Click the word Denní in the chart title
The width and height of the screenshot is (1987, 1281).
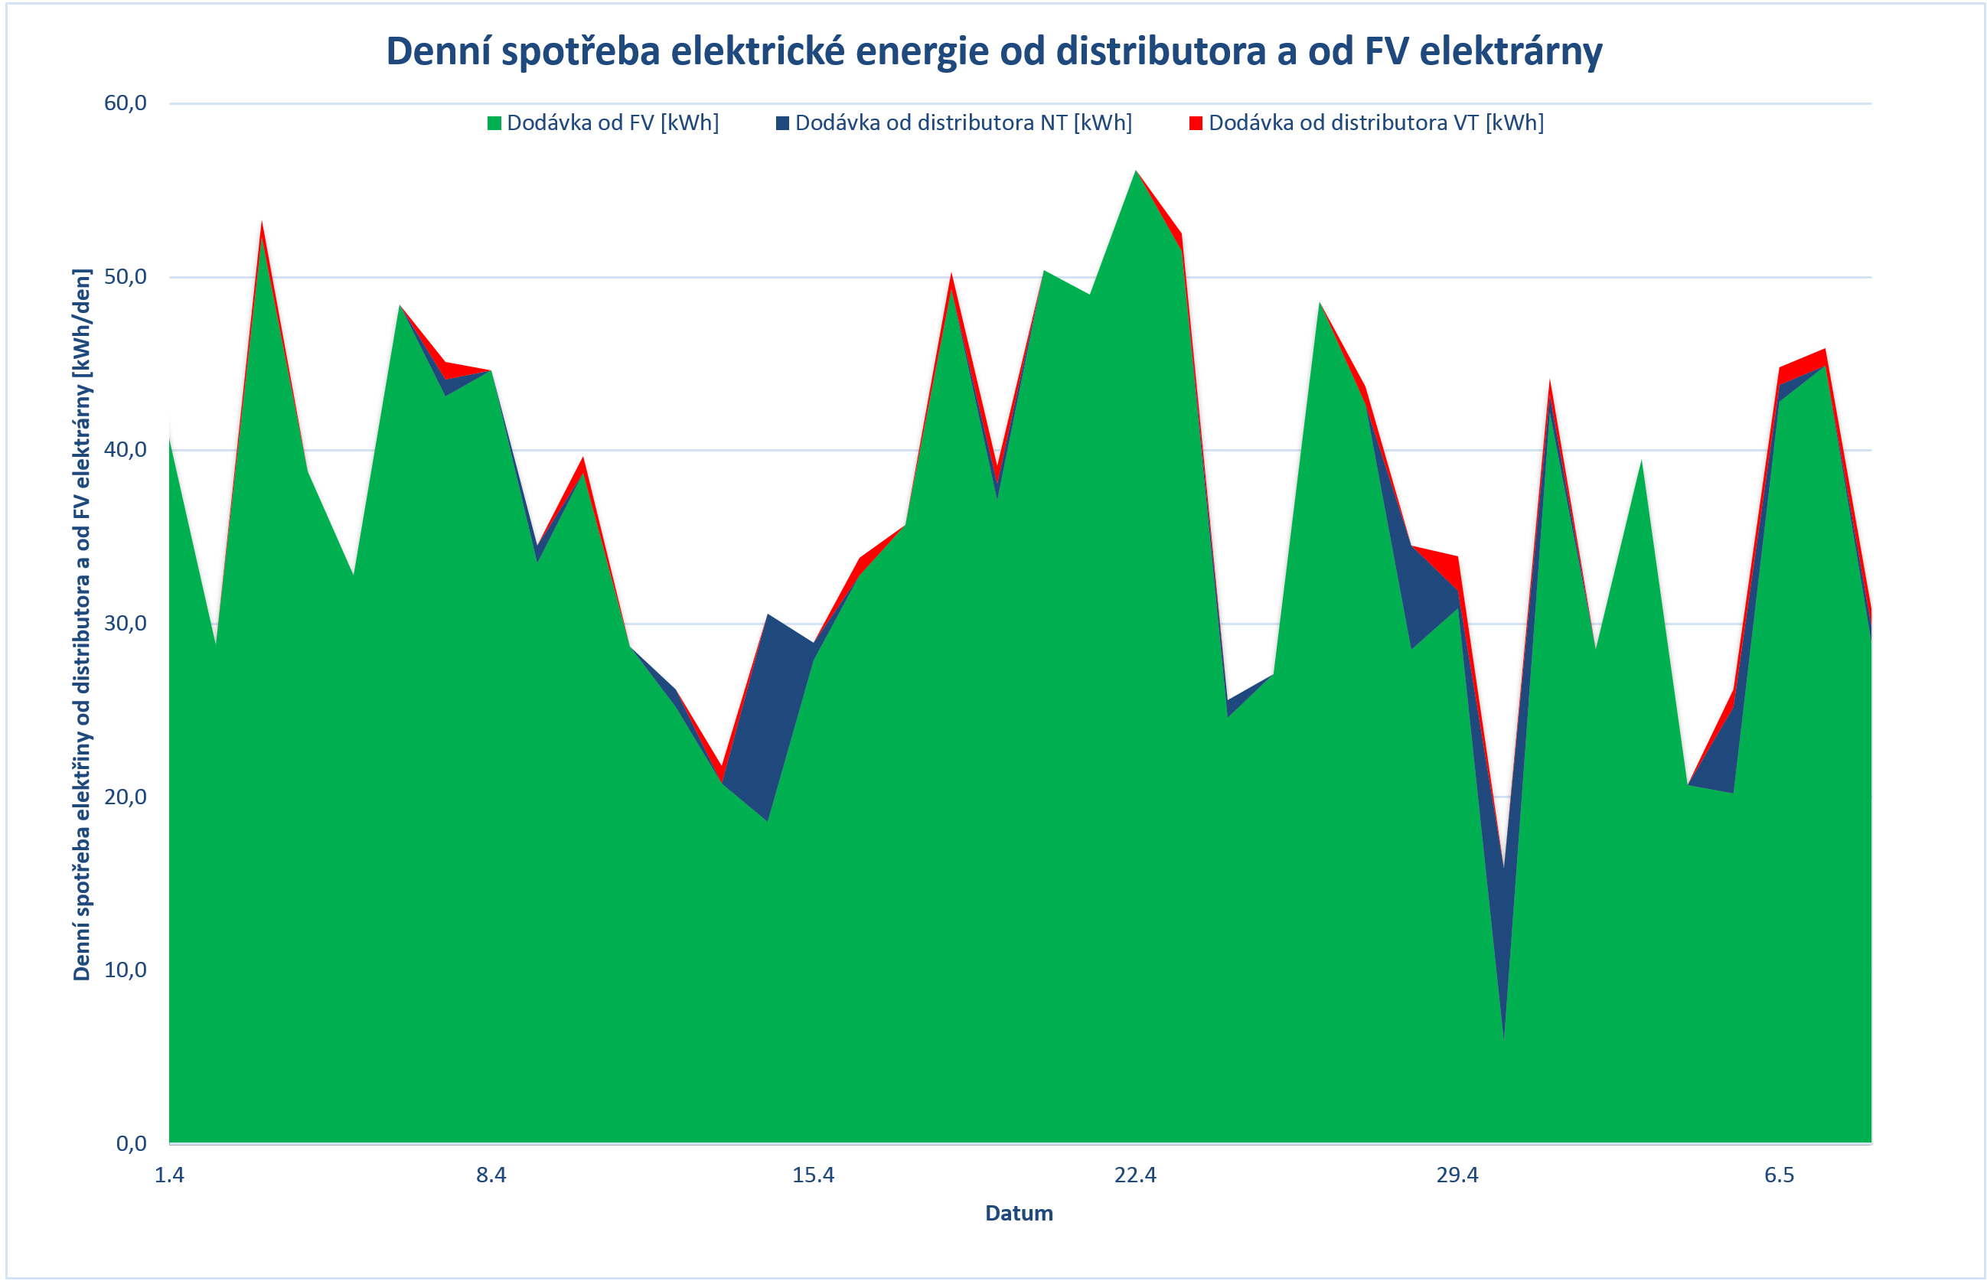pyautogui.click(x=438, y=51)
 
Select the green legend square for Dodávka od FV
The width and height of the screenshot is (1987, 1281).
pyautogui.click(x=494, y=124)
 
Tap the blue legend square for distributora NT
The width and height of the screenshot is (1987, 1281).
pyautogui.click(x=782, y=124)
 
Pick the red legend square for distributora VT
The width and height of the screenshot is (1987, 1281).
pyautogui.click(x=1196, y=124)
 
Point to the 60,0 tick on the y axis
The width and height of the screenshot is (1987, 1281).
pyautogui.click(x=125, y=103)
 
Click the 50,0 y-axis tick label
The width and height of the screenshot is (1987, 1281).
pyautogui.click(x=125, y=276)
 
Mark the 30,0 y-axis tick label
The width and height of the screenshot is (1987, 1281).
pyautogui.click(x=125, y=623)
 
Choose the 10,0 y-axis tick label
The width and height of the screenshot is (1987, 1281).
pyautogui.click(x=125, y=970)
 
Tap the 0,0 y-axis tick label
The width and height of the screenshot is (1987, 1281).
pyautogui.click(x=131, y=1143)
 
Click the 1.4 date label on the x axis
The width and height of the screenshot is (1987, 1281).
pyautogui.click(x=169, y=1175)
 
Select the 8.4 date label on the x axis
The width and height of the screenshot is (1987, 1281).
pyautogui.click(x=491, y=1175)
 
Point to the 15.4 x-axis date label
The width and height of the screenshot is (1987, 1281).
pyautogui.click(x=813, y=1175)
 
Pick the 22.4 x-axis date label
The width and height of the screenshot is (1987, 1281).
pyautogui.click(x=1135, y=1175)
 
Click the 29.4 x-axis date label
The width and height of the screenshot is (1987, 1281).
pyautogui.click(x=1457, y=1175)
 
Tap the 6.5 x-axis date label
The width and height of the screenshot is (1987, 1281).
pyautogui.click(x=1779, y=1175)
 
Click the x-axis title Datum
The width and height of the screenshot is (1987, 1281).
pyautogui.click(x=1019, y=1213)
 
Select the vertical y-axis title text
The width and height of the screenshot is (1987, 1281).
pyautogui.click(x=82, y=624)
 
